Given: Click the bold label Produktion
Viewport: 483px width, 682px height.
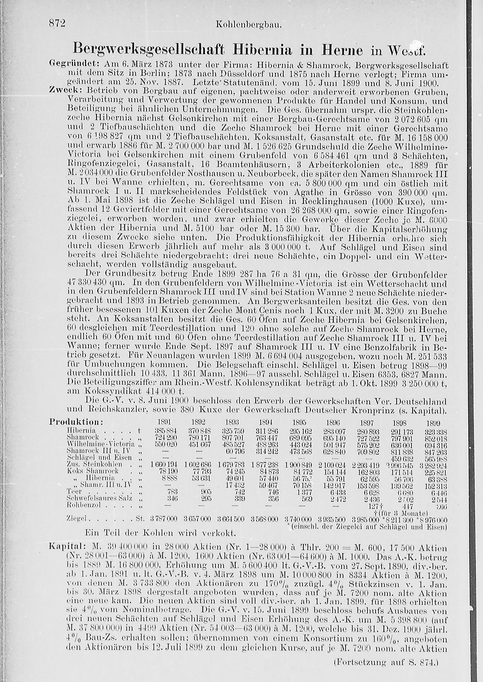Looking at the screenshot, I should click(x=76, y=422).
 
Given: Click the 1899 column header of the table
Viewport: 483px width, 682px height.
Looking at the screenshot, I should click(x=433, y=423).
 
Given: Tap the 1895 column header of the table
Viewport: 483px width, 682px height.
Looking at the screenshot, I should click(x=298, y=423).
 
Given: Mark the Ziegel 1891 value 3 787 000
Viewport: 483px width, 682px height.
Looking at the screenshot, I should click(x=163, y=519).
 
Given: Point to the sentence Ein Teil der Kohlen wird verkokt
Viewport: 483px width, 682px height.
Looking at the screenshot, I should click(x=160, y=533).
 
